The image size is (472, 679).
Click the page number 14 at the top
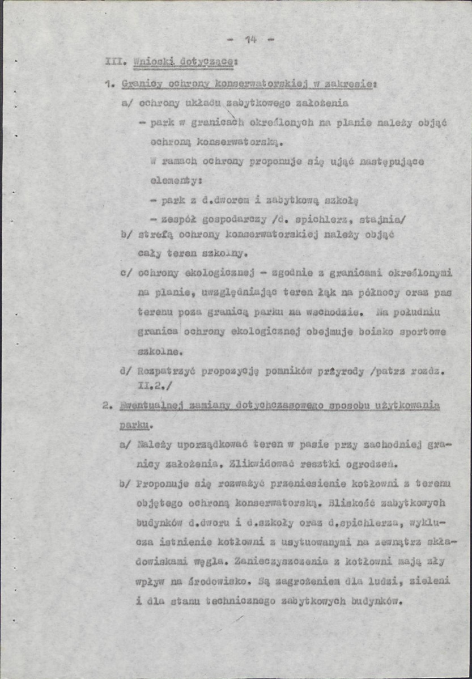pyautogui.click(x=251, y=39)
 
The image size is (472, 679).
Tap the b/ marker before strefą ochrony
pyautogui.click(x=125, y=234)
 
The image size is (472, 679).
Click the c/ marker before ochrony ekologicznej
pyautogui.click(x=125, y=272)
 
